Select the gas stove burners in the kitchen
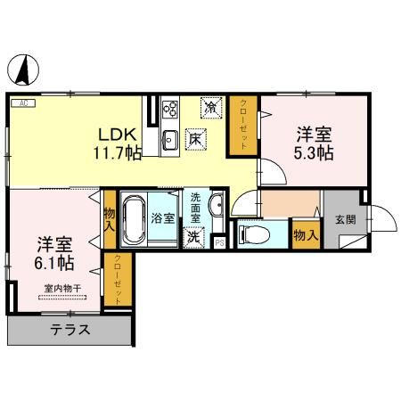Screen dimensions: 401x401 point(171,110)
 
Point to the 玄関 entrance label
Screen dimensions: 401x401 point(345,219)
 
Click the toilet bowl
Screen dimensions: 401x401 point(252,235)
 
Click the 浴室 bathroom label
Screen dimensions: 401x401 point(162,218)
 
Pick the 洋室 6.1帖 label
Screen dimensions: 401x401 point(54,252)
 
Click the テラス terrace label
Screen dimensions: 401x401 point(70,328)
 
